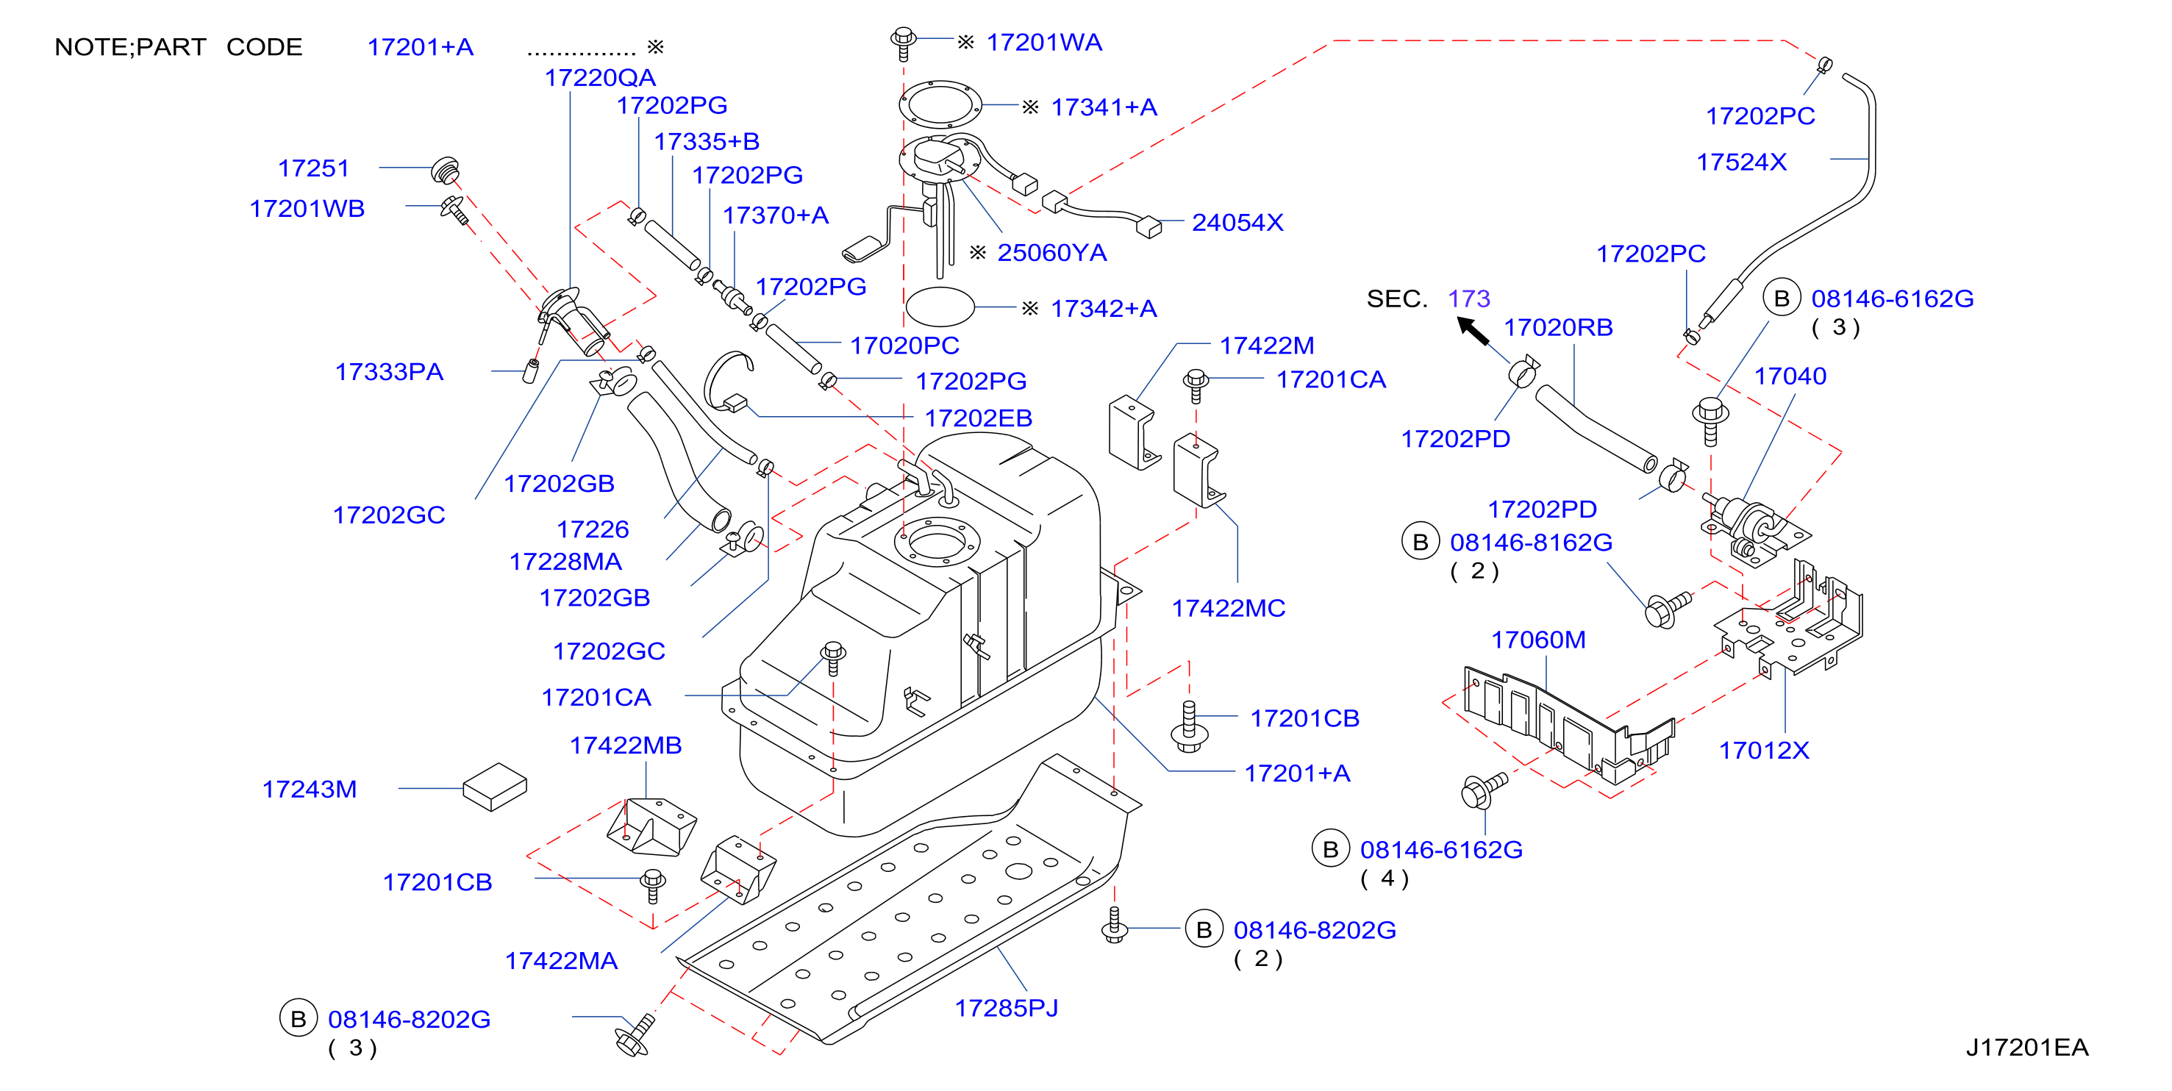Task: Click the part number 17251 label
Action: tap(314, 168)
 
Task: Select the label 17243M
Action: tap(310, 789)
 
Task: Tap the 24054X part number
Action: tap(1237, 223)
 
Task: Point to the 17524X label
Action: tap(1741, 162)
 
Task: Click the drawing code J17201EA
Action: tap(2027, 1047)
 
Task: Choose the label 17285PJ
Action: tap(1006, 1007)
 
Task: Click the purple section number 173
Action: tap(1469, 298)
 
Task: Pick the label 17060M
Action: tap(1538, 640)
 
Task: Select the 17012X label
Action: tap(1764, 751)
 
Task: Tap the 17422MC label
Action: tap(1229, 608)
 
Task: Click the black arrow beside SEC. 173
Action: tap(1473, 331)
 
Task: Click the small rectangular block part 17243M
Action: tap(495, 787)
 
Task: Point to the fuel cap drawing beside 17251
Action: tap(445, 170)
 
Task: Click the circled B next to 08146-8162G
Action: tap(1420, 542)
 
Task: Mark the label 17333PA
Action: tap(389, 372)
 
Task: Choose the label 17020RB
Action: tap(1558, 327)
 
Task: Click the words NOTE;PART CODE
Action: tap(178, 47)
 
